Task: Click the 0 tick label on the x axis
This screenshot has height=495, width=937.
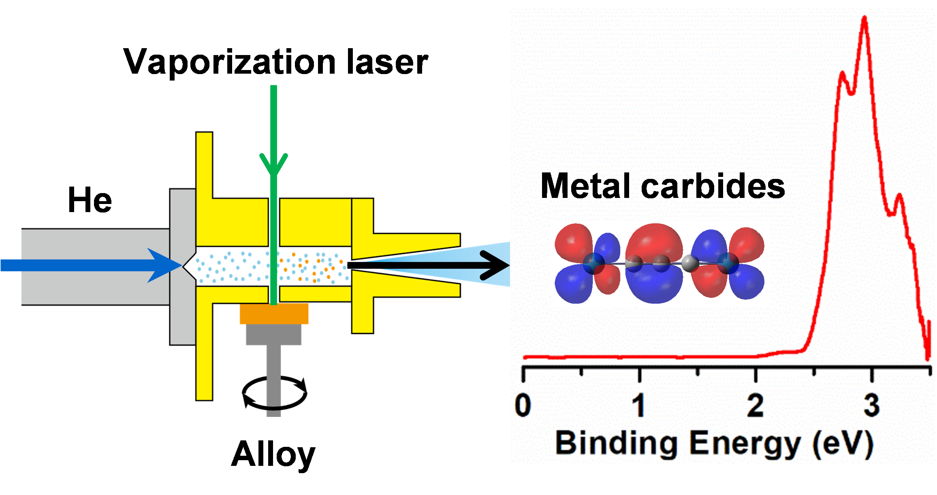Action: tap(523, 406)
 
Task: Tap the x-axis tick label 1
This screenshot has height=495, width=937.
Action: tap(639, 406)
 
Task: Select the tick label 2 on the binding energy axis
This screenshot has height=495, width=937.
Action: tap(756, 406)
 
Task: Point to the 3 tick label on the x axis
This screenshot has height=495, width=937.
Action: tap(871, 406)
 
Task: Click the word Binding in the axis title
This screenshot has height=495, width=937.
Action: tap(616, 444)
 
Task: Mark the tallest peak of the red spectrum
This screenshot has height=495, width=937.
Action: tap(864, 18)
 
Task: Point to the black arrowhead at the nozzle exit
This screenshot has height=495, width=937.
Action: tap(496, 266)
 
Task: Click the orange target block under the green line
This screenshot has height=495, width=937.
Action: tap(274, 314)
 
